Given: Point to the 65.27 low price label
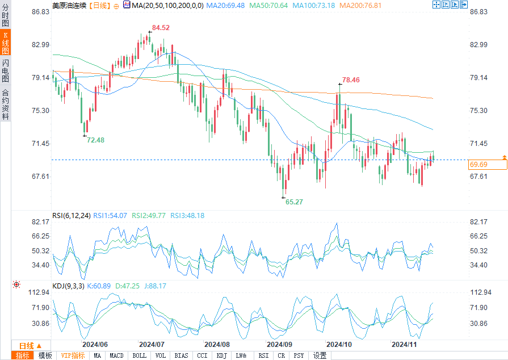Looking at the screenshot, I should tap(294, 202).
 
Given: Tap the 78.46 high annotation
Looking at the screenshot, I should tap(351, 80).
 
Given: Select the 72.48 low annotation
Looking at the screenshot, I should tap(95, 140).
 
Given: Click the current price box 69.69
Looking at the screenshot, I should tap(488, 165).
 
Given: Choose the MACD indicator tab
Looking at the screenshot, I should tap(116, 355).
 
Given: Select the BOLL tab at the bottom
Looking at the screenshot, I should tap(139, 355).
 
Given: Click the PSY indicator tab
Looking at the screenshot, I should tap(299, 355).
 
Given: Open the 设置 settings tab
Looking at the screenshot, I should tap(320, 355).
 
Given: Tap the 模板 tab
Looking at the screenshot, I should tap(45, 355).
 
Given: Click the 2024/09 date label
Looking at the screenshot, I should tap(280, 344).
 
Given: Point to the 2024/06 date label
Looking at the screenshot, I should tap(95, 344).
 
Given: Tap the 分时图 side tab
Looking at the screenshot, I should tap(5, 16).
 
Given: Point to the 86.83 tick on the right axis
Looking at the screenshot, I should tap(479, 12).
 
